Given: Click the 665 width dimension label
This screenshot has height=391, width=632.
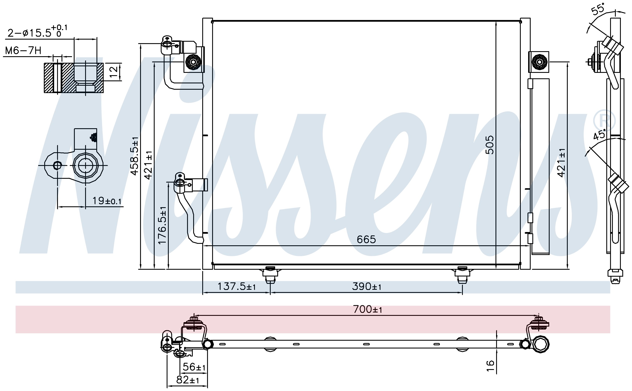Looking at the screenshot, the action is coord(366,239).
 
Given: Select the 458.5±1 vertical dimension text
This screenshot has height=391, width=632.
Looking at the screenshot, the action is coord(135,156).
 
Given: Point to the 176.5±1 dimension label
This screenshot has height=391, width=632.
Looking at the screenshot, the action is coord(162,225).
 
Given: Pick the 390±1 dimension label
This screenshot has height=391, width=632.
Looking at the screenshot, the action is coord(367,286).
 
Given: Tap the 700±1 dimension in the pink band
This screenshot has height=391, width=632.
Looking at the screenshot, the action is coord(368,309).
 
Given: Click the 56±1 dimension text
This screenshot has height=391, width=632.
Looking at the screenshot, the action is coord(194,367).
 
